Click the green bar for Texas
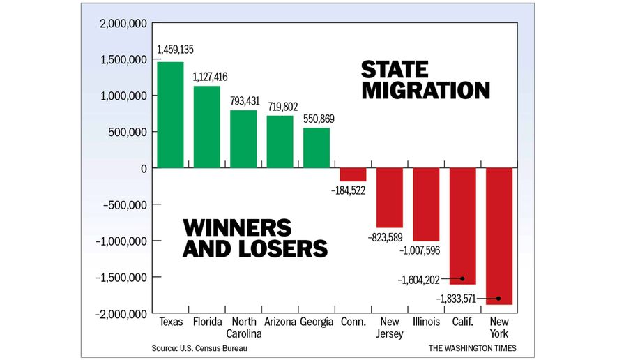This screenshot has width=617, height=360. pos(171,115)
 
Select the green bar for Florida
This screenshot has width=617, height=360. pos(207,127)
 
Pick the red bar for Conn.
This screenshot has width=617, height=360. pos(353,174)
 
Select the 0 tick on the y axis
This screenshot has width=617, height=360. pos(143,168)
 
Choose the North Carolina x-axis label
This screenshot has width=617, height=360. pos(244,327)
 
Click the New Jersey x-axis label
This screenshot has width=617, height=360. pos(390,327)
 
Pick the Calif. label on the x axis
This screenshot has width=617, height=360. pos(462,322)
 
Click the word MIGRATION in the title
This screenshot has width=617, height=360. pos(425,91)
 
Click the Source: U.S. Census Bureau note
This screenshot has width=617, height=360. pos(199,347)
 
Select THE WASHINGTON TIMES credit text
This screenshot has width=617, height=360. pos(472,347)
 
